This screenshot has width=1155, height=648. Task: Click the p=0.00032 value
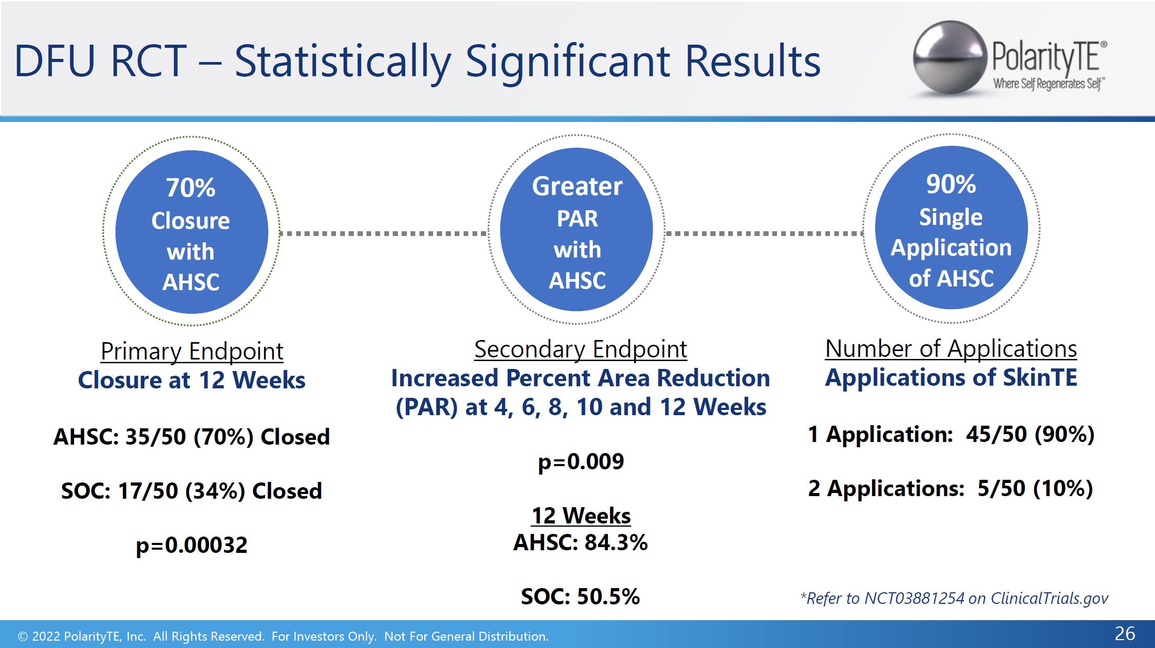coord(192,546)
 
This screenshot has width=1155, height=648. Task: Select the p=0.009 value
coord(581,462)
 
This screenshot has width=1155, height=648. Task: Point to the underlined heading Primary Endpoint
coord(192,351)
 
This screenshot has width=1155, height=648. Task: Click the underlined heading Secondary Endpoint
coord(581,349)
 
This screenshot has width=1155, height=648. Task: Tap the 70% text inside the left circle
coord(191,188)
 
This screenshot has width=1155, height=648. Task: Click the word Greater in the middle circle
coord(577,187)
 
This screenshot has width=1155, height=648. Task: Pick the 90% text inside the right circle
coord(951,184)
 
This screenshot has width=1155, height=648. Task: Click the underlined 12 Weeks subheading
coord(581,516)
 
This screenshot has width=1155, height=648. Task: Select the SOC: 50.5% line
coord(581,596)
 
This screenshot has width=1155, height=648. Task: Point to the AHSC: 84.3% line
coord(581,542)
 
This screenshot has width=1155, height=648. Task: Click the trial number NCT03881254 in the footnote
coord(915,599)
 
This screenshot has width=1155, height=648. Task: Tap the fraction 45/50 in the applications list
coord(996,435)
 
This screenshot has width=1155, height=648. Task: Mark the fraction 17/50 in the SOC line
coord(148,491)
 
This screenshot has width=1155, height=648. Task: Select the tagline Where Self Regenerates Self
coord(1048,84)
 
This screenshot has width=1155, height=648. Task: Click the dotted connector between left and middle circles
coord(384,233)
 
